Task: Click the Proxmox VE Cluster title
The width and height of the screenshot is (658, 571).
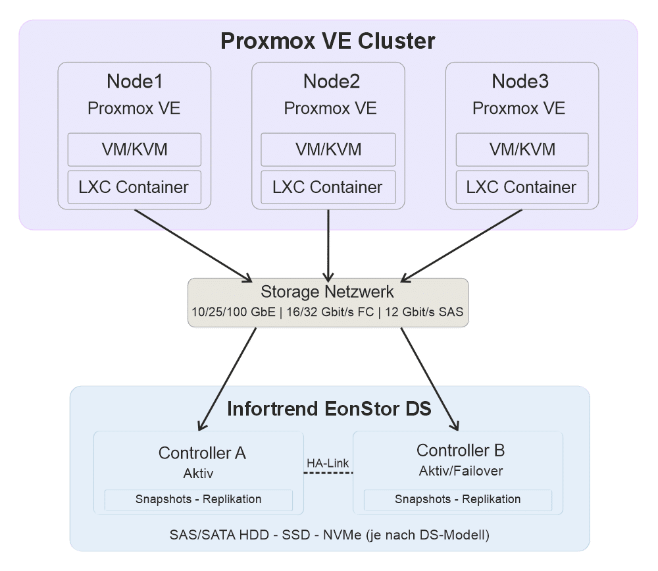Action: pyautogui.click(x=328, y=41)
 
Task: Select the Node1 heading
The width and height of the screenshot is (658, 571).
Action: pyautogui.click(x=134, y=82)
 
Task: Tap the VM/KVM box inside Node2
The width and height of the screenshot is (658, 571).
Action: pyautogui.click(x=328, y=150)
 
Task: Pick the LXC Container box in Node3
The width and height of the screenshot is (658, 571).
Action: pyautogui.click(x=521, y=187)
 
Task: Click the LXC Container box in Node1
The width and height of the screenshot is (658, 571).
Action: pyautogui.click(x=134, y=187)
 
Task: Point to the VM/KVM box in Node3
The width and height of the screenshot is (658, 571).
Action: pyautogui.click(x=522, y=150)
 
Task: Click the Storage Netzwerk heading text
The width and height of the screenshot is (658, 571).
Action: pyautogui.click(x=328, y=292)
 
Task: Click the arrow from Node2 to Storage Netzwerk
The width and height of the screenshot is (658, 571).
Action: pyautogui.click(x=328, y=244)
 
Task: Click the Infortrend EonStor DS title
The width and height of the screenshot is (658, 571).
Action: pyautogui.click(x=329, y=409)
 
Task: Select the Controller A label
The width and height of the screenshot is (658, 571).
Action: pyautogui.click(x=202, y=453)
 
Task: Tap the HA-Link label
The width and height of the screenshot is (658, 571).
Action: pyautogui.click(x=328, y=464)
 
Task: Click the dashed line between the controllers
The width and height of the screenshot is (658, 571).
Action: pyautogui.click(x=328, y=473)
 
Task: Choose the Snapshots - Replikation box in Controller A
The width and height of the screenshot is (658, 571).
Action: pyautogui.click(x=198, y=499)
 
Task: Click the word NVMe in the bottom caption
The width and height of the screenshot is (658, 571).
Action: pyautogui.click(x=337, y=534)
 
